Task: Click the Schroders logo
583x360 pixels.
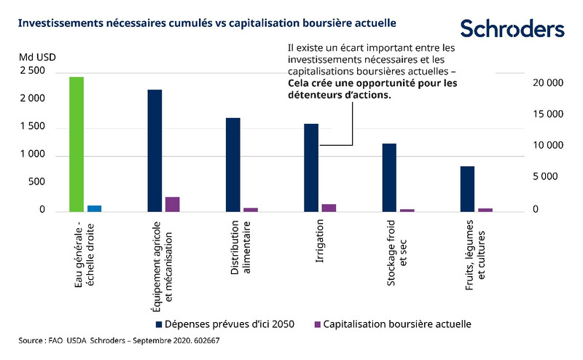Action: click(x=512, y=28)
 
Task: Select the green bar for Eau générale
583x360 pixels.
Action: click(x=77, y=144)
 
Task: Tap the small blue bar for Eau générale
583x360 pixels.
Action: click(x=94, y=208)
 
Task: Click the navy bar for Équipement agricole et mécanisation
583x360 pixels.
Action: click(x=154, y=150)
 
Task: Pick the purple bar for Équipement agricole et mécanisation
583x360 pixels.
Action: click(x=172, y=204)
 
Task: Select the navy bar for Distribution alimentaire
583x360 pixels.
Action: click(x=232, y=165)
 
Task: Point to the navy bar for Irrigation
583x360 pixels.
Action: click(x=311, y=168)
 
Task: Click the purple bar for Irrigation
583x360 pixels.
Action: click(x=329, y=208)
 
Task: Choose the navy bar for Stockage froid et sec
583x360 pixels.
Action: click(x=389, y=177)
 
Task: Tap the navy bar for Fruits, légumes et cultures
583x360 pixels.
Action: click(x=467, y=189)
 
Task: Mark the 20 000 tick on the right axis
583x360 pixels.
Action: click(x=547, y=83)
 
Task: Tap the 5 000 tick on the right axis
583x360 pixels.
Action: click(x=547, y=176)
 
